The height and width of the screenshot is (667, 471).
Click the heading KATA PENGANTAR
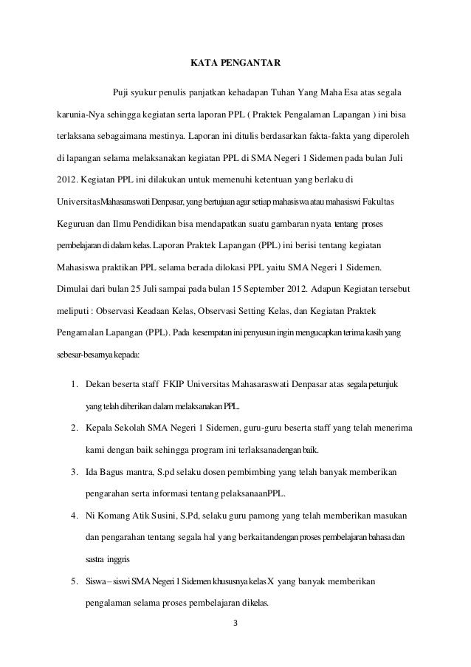pos(235,70)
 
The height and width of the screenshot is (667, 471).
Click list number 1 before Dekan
pos(75,385)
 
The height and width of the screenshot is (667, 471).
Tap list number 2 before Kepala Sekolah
pos(75,428)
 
